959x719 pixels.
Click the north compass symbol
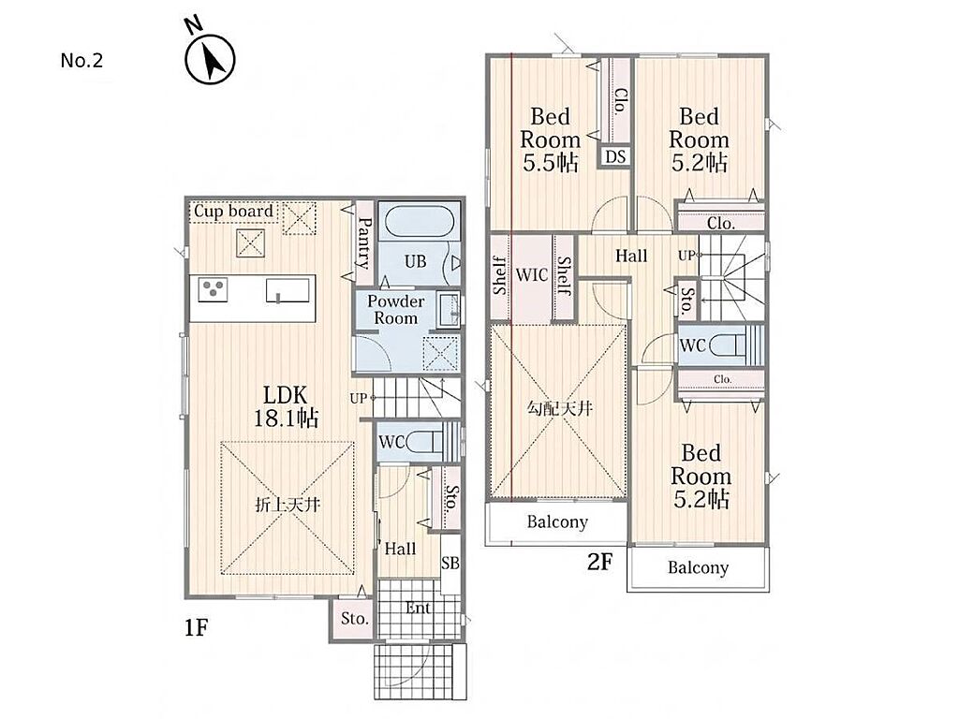[209, 57]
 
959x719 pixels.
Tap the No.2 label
[82, 61]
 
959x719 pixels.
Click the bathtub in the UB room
[419, 224]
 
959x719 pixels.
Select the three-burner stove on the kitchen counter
[213, 290]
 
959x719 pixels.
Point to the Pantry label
[364, 243]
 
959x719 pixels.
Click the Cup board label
[233, 212]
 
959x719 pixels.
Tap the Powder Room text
[396, 309]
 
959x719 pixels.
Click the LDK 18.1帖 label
[286, 406]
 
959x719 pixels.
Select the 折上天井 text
[288, 506]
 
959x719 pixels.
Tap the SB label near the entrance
[450, 563]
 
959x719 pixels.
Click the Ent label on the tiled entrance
[418, 609]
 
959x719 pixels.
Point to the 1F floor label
[197, 628]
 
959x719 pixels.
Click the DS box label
[616, 157]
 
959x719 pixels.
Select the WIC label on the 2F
[532, 275]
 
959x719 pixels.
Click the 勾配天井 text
[560, 408]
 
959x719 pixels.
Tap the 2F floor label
[599, 562]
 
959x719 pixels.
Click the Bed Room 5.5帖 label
[549, 140]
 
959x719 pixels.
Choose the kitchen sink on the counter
[288, 290]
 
